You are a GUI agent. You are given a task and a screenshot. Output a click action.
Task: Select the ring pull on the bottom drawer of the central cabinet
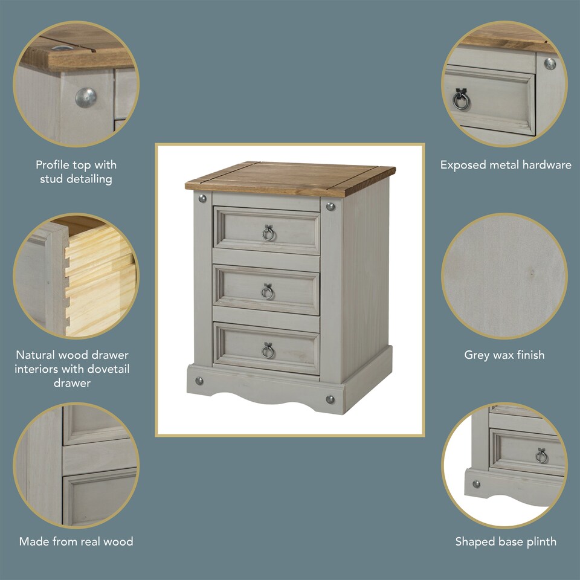pos(267,350)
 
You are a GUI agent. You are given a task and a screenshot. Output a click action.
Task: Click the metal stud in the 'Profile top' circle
pos(86,97)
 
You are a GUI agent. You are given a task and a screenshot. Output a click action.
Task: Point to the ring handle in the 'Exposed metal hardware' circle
pos(461,100)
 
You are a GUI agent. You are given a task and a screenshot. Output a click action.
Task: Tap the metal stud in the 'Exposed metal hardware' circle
pos(550,63)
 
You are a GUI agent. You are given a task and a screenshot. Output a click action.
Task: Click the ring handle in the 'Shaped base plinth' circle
pos(541,456)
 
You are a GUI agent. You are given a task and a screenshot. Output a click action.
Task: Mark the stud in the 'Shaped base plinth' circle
pos(477,484)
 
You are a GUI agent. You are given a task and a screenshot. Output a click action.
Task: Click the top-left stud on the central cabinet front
pos(203,198)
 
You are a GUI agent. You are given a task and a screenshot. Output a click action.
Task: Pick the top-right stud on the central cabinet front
pos(330,207)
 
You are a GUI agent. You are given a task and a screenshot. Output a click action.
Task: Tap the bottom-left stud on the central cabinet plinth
pos(200,381)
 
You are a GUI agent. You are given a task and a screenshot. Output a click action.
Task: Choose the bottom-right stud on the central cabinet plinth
pos(330,399)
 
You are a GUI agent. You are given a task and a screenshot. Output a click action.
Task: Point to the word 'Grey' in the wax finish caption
pos(476,355)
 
